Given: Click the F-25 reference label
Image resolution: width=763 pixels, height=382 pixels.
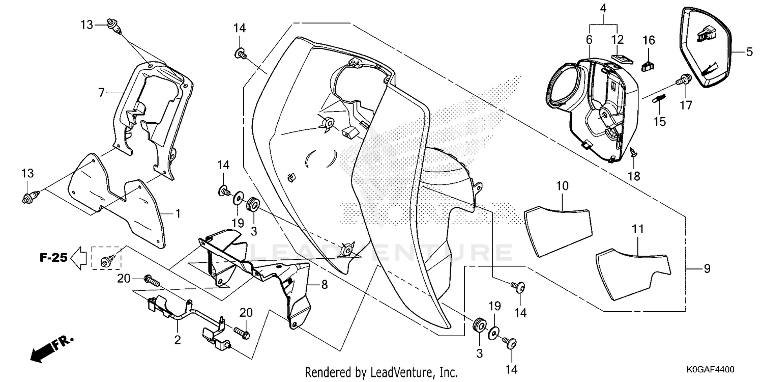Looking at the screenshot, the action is click(53, 258).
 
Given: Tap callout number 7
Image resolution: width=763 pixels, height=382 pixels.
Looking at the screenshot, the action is click(101, 93).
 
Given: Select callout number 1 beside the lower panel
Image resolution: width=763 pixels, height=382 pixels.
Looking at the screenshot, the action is click(178, 214).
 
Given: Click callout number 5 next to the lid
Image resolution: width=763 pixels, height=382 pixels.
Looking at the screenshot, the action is click(749, 52).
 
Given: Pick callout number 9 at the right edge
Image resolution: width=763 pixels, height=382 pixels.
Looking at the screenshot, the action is click(708, 269).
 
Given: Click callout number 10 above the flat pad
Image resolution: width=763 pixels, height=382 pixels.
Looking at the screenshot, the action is click(563, 186).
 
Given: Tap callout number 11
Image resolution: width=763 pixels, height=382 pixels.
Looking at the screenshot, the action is click(638, 229).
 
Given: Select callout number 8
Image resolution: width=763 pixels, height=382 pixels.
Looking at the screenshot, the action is click(325, 284).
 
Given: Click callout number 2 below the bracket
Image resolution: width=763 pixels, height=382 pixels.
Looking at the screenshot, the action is click(178, 340).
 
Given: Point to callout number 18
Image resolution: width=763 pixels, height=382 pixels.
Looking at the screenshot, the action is click(634, 176).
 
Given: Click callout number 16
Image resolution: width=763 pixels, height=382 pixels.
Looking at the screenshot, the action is click(649, 40).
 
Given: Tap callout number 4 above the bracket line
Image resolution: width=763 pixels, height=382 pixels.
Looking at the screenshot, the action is click(603, 9).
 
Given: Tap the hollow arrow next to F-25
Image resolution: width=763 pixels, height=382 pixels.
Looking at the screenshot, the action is click(79, 258).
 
